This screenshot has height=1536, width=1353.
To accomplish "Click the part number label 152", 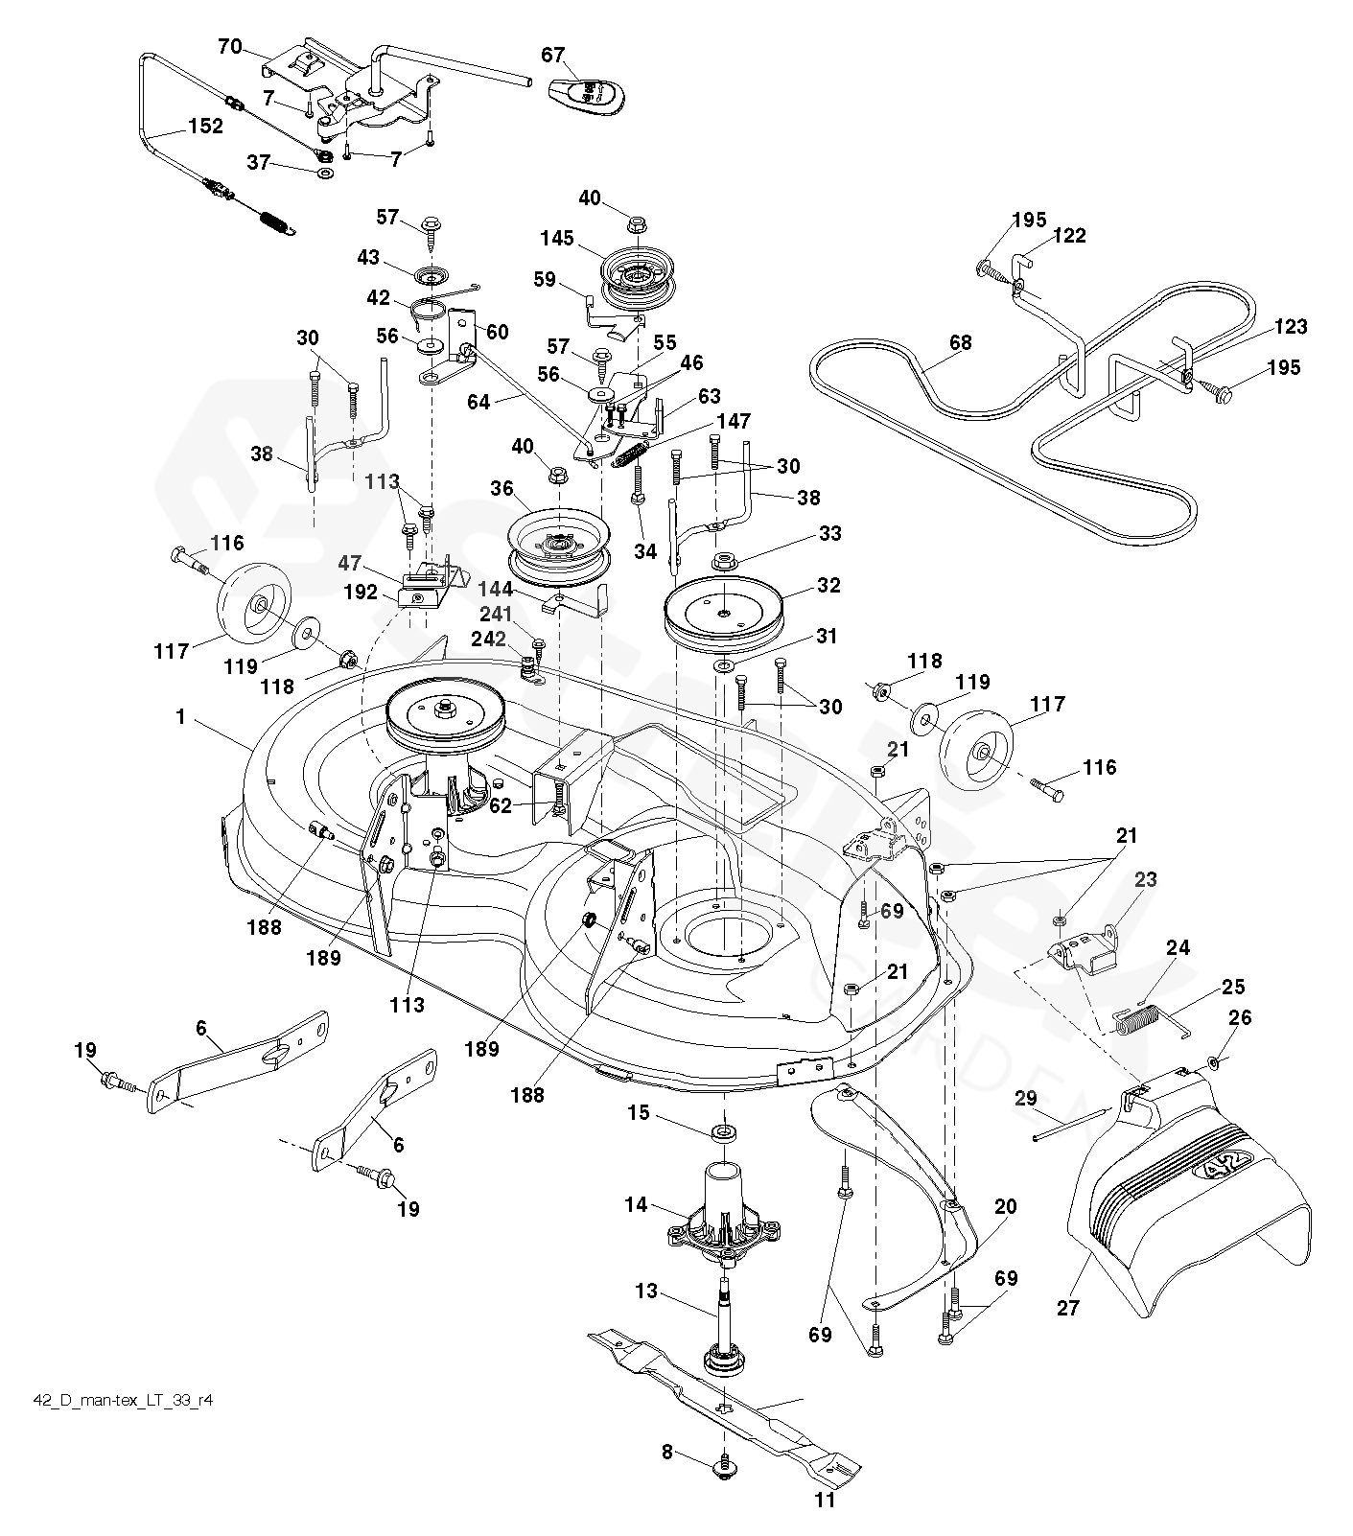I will pyautogui.click(x=205, y=127).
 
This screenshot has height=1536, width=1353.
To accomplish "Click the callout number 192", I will pyautogui.click(x=361, y=593).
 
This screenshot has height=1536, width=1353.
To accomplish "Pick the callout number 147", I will pyautogui.click(x=733, y=421).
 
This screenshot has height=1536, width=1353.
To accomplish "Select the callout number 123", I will pyautogui.click(x=1290, y=327).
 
